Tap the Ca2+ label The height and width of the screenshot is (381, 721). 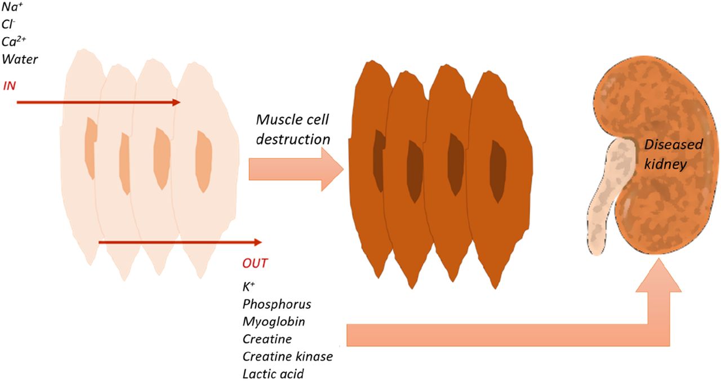(13, 42)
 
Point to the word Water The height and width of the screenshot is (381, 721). (20, 59)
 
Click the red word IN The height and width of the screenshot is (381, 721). (9, 86)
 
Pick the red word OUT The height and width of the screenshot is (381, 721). (255, 263)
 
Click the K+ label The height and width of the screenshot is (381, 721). (248, 286)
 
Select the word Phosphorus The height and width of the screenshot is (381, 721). (277, 304)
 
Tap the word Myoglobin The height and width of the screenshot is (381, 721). (274, 322)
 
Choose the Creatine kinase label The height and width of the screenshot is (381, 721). (287, 357)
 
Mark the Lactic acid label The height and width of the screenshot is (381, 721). (273, 374)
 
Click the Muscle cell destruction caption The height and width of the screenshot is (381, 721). (292, 129)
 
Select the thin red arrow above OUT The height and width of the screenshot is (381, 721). (180, 242)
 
